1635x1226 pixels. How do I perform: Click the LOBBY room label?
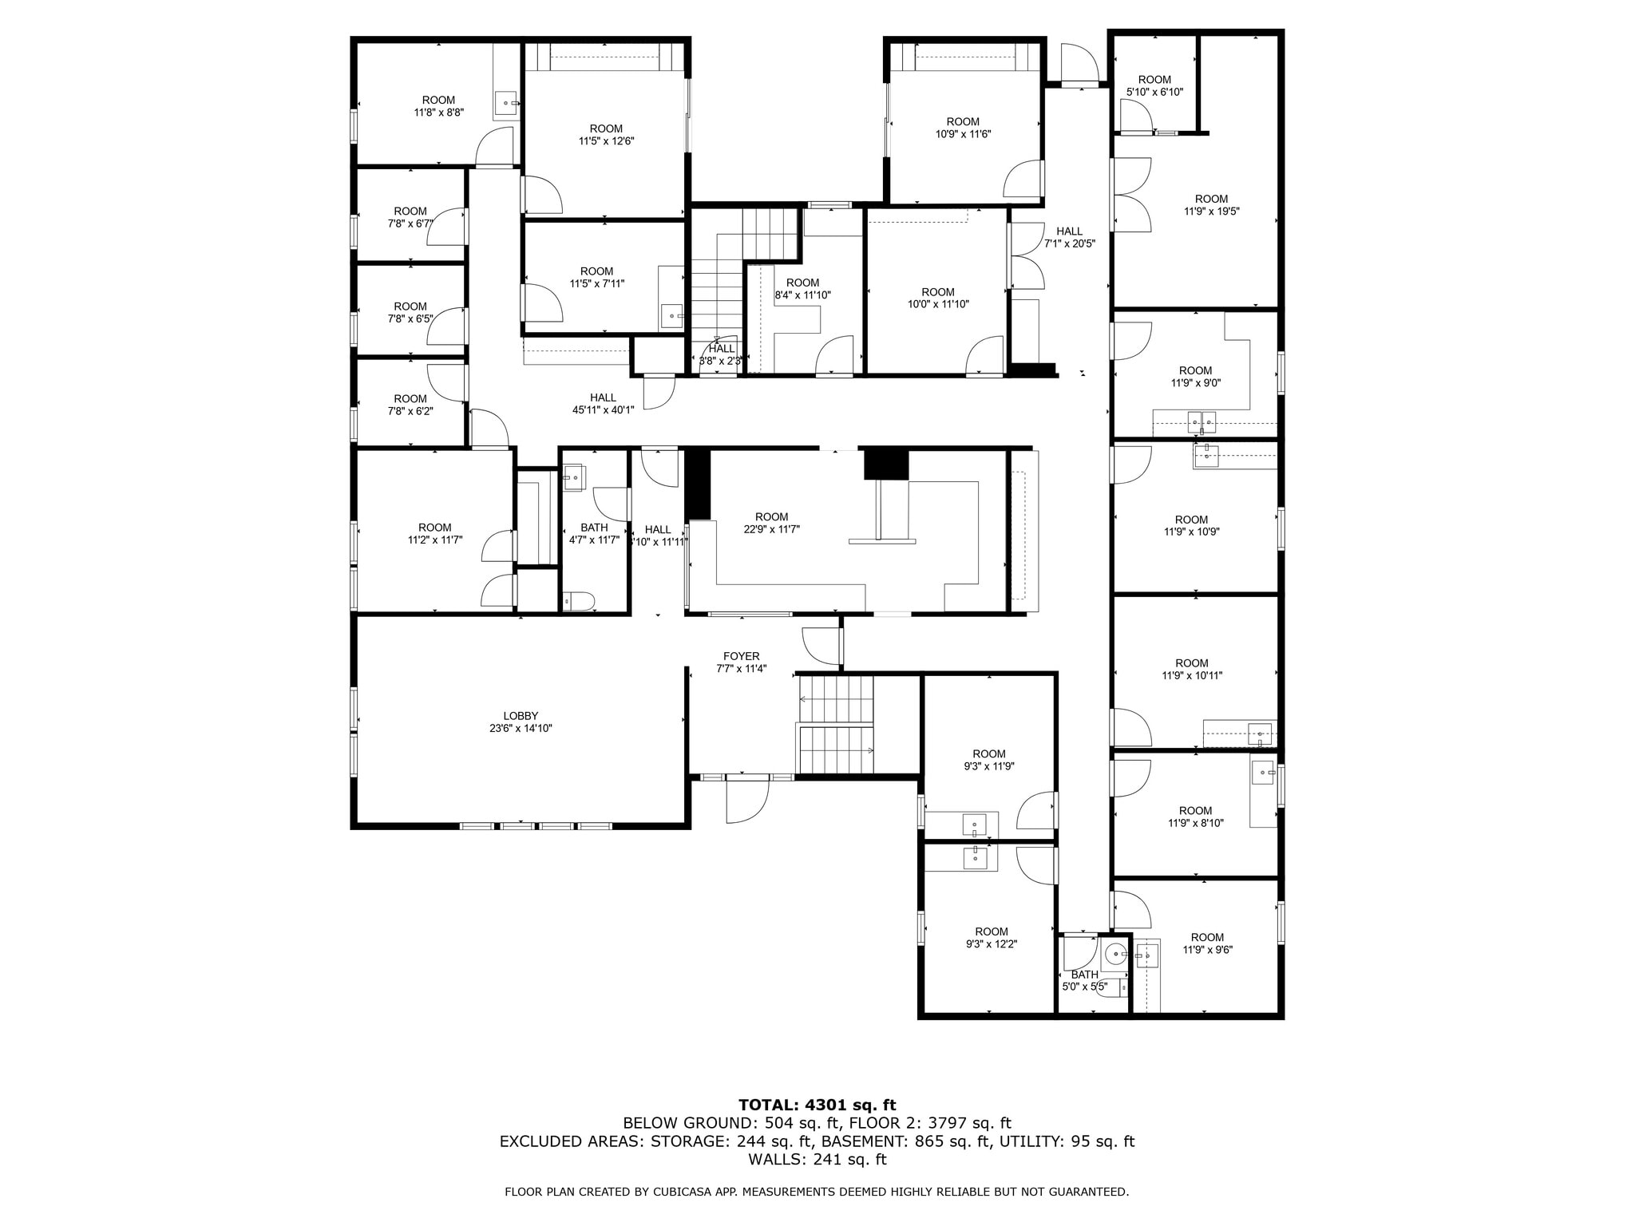pos(521,716)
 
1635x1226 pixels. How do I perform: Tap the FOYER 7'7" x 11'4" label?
pos(741,662)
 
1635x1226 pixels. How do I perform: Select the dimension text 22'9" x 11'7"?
pos(771,529)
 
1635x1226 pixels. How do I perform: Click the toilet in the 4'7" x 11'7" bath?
pos(579,600)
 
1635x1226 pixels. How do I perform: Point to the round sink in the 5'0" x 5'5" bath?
pos(1115,952)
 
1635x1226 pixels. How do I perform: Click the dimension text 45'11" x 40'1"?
pos(603,410)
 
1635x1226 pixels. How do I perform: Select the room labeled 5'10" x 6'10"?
pos(1154,85)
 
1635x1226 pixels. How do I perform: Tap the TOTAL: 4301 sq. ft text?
pos(817,1105)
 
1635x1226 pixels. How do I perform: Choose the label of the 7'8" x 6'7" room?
pos(410,217)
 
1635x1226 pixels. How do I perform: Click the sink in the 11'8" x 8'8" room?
pos(506,103)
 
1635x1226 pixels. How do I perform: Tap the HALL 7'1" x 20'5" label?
pos(1069,237)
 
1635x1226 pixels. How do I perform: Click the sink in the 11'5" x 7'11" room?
pos(671,316)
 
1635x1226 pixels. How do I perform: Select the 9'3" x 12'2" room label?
pos(991,938)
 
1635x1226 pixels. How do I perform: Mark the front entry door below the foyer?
pos(747,800)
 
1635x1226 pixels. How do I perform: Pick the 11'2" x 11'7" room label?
pos(434,533)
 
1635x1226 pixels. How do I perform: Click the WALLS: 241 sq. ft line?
pos(817,1159)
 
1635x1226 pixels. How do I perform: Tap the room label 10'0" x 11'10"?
pos(937,298)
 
